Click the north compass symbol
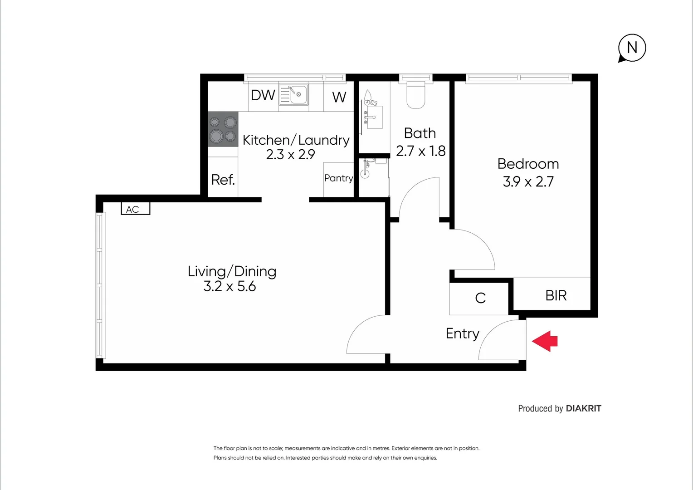632,48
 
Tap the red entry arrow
545,341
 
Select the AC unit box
136,209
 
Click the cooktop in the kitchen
223,129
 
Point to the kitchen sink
293,94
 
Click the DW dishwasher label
263,95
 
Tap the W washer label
339,97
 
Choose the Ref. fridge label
223,180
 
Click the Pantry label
338,178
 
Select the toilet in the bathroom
415,95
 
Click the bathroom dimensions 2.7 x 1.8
420,151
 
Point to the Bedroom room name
528,164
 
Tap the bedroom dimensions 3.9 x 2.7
528,181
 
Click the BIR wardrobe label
556,296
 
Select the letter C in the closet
480,298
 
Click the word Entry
463,333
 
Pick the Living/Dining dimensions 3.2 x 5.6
229,286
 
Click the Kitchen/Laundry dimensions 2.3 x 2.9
291,154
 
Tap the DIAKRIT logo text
584,409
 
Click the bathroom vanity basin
374,118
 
